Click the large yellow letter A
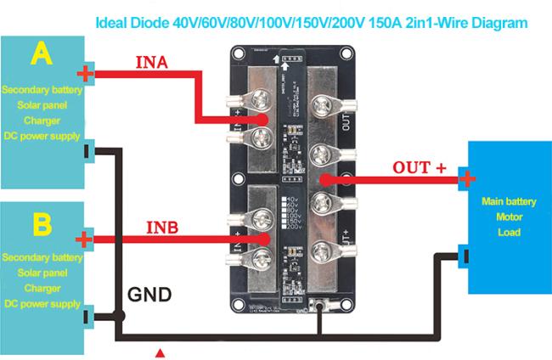(x=41, y=55)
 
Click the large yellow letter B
(x=42, y=225)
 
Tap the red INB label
(x=162, y=228)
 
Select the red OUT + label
(x=419, y=167)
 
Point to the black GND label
(x=149, y=295)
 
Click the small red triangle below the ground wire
(x=159, y=350)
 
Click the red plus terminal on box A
(x=84, y=75)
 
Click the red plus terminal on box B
(x=84, y=240)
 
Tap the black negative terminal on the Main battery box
(x=465, y=253)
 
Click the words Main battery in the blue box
(x=505, y=202)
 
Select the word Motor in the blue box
(x=505, y=217)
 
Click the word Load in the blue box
(x=505, y=232)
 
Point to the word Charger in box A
(x=40, y=121)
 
